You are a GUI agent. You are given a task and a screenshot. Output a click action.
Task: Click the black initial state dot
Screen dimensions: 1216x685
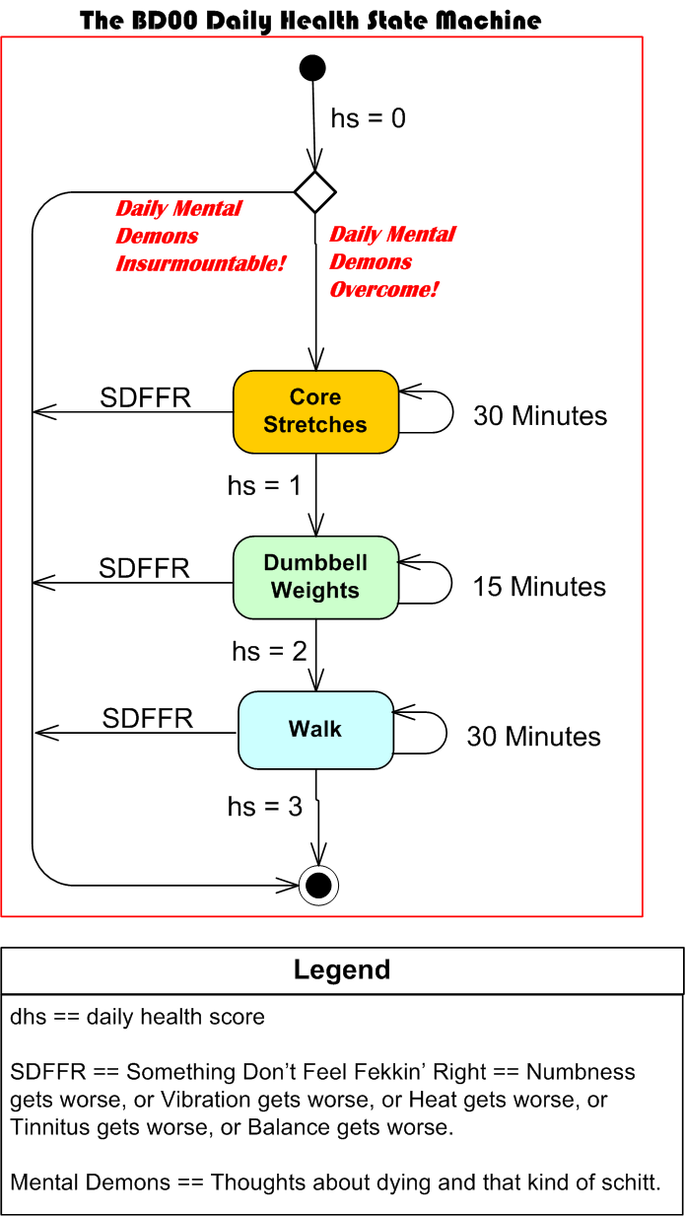(312, 68)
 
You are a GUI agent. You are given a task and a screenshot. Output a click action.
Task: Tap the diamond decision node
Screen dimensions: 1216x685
(315, 191)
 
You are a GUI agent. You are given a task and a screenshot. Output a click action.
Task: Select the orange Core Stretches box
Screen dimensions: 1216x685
(315, 411)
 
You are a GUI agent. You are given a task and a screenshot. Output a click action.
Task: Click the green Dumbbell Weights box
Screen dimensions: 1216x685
(315, 577)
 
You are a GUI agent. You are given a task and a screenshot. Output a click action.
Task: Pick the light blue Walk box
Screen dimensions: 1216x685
(315, 730)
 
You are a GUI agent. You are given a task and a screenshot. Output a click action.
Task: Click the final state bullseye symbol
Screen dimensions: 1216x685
(318, 886)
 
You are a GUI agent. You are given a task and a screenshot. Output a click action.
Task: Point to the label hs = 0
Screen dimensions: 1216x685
(368, 119)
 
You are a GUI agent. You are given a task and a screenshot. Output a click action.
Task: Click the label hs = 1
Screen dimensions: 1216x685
(264, 486)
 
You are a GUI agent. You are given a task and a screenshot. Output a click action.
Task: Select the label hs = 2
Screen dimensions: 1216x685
(269, 652)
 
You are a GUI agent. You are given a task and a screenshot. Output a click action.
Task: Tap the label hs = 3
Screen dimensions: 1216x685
(265, 807)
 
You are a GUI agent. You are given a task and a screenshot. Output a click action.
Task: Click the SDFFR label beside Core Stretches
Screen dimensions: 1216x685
(146, 397)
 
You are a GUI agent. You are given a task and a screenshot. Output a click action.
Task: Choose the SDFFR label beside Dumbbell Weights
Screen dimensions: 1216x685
(144, 568)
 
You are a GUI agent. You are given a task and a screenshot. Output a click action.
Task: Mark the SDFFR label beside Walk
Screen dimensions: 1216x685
(148, 718)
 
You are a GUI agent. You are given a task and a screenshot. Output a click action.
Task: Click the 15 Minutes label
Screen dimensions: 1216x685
(539, 587)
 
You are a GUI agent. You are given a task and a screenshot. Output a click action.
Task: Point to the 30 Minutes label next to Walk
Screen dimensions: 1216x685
(533, 737)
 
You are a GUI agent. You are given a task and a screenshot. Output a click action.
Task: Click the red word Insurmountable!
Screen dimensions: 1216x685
(200, 264)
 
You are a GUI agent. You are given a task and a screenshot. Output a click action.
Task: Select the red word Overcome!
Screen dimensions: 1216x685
(383, 290)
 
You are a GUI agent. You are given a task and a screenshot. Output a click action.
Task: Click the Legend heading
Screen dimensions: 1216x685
(342, 970)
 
